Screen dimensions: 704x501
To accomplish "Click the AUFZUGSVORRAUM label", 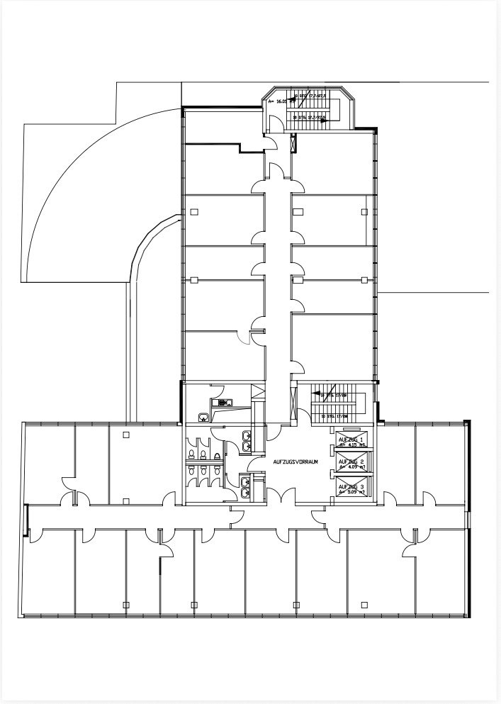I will (x=293, y=461).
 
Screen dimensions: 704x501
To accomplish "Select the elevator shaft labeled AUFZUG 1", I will (x=351, y=444).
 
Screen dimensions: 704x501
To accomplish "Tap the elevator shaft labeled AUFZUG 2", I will (x=351, y=464).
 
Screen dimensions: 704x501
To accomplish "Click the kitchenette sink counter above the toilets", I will (x=225, y=403).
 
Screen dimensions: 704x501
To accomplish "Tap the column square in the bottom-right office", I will (x=364, y=604).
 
